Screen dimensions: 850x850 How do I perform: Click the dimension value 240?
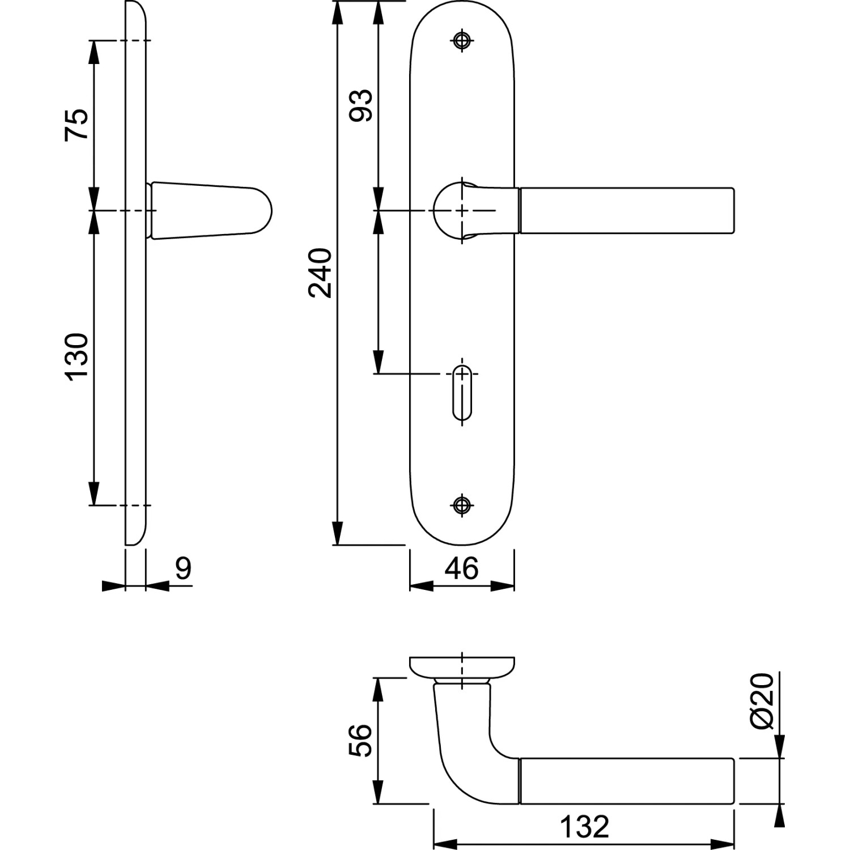(320, 273)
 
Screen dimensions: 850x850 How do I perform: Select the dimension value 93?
(361, 105)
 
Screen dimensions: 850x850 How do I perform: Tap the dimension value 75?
(76, 125)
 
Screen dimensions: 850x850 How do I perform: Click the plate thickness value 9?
(183, 568)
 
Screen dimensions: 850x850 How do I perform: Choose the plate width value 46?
(461, 568)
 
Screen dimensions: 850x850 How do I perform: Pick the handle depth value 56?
(361, 740)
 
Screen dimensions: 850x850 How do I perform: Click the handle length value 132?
(584, 827)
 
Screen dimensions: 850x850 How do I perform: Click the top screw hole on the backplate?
(462, 40)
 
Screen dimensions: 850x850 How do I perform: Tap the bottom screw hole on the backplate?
(462, 504)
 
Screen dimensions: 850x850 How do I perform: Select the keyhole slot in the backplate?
(462, 394)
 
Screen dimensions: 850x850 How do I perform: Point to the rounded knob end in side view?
(258, 210)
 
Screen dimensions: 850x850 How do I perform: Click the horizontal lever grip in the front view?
(627, 210)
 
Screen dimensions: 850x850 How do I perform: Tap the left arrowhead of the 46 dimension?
(421, 586)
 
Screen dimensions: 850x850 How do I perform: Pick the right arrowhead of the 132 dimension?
(723, 844)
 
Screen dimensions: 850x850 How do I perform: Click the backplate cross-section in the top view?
(462, 667)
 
